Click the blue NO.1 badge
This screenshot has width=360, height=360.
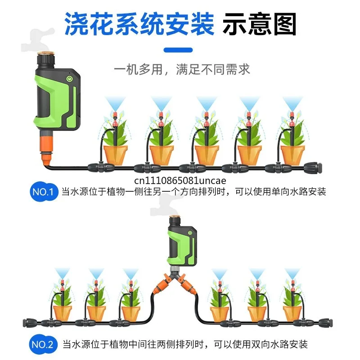[44, 192]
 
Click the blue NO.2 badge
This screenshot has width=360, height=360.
[43, 344]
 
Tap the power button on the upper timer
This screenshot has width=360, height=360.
[69, 79]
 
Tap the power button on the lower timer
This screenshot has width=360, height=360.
[190, 233]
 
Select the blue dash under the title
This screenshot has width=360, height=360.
[178, 50]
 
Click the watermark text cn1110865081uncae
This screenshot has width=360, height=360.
[180, 181]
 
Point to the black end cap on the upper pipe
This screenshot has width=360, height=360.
[313, 167]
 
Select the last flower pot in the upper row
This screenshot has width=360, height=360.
[292, 155]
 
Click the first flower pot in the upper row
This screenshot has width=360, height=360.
[116, 155]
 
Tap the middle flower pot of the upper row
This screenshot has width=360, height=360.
[207, 155]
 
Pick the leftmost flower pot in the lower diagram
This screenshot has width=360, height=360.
[63, 313]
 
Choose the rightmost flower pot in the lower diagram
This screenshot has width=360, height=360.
[292, 313]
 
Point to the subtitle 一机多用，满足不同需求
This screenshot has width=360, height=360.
[182, 70]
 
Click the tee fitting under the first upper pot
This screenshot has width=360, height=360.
[101, 168]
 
